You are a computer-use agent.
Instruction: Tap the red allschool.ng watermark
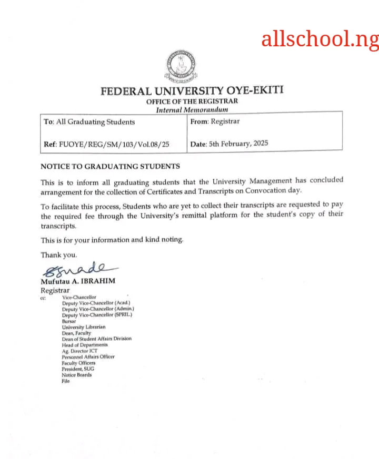pyautogui.click(x=320, y=39)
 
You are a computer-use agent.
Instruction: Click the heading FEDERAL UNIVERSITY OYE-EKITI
pyautogui.click(x=192, y=90)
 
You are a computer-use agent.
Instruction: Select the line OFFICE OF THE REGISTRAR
pyautogui.click(x=192, y=101)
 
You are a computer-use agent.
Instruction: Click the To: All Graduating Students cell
pyautogui.click(x=89, y=122)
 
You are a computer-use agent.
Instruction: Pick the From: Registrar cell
pyautogui.click(x=215, y=121)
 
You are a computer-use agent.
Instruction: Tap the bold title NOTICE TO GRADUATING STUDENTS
pyautogui.click(x=110, y=166)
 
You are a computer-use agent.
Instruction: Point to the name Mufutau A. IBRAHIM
pyautogui.click(x=78, y=281)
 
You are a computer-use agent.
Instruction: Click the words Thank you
pyautogui.click(x=59, y=255)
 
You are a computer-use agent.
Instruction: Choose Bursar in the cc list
pyautogui.click(x=69, y=321)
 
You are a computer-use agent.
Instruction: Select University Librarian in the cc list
pyautogui.click(x=83, y=327)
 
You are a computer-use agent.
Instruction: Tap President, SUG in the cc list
pyautogui.click(x=76, y=369)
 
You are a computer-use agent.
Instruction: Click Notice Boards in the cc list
pyautogui.click(x=76, y=375)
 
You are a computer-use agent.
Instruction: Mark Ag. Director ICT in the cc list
pyautogui.click(x=79, y=351)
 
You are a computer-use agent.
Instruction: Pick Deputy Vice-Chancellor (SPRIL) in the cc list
pyautogui.click(x=97, y=315)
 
